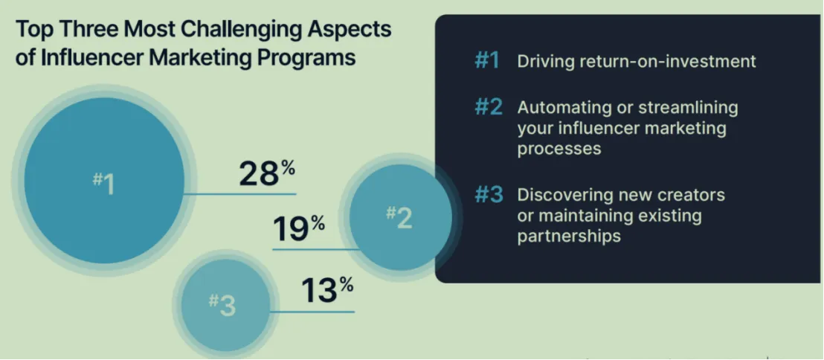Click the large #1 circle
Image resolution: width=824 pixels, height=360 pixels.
pyautogui.click(x=105, y=180)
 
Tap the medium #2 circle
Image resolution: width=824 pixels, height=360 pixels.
pyautogui.click(x=400, y=218)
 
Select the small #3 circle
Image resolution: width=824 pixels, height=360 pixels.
pyautogui.click(x=225, y=306)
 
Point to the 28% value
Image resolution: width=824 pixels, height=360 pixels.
pyautogui.click(x=267, y=173)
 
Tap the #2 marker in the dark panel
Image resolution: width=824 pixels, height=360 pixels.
pyautogui.click(x=488, y=108)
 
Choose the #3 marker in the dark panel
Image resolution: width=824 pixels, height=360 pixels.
pyautogui.click(x=489, y=195)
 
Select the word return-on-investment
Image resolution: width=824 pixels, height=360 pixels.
pyautogui.click(x=666, y=62)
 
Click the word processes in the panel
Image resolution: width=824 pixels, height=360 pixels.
pyautogui.click(x=559, y=150)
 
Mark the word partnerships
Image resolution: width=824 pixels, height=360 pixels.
pyautogui.click(x=569, y=236)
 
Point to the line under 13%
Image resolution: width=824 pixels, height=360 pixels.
pyautogui.click(x=312, y=312)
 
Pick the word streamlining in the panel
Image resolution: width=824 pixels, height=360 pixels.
pyautogui.click(x=688, y=109)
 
